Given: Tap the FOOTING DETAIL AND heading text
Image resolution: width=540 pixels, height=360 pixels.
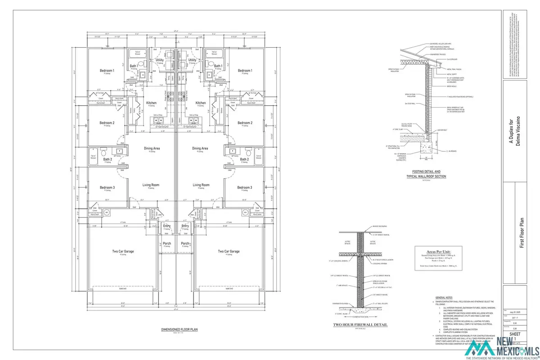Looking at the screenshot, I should pos(422,171).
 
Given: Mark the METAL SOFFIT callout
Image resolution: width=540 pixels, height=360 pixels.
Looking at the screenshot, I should pos(440,74).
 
